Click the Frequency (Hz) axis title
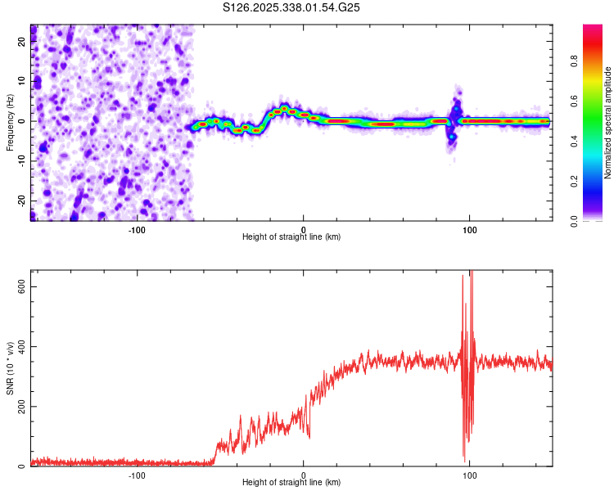pyautogui.click(x=10, y=122)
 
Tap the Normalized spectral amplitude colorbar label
pyautogui.click(x=608, y=122)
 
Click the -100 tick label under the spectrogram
pyautogui.click(x=137, y=228)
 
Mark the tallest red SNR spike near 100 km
pyautogui.click(x=471, y=273)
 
